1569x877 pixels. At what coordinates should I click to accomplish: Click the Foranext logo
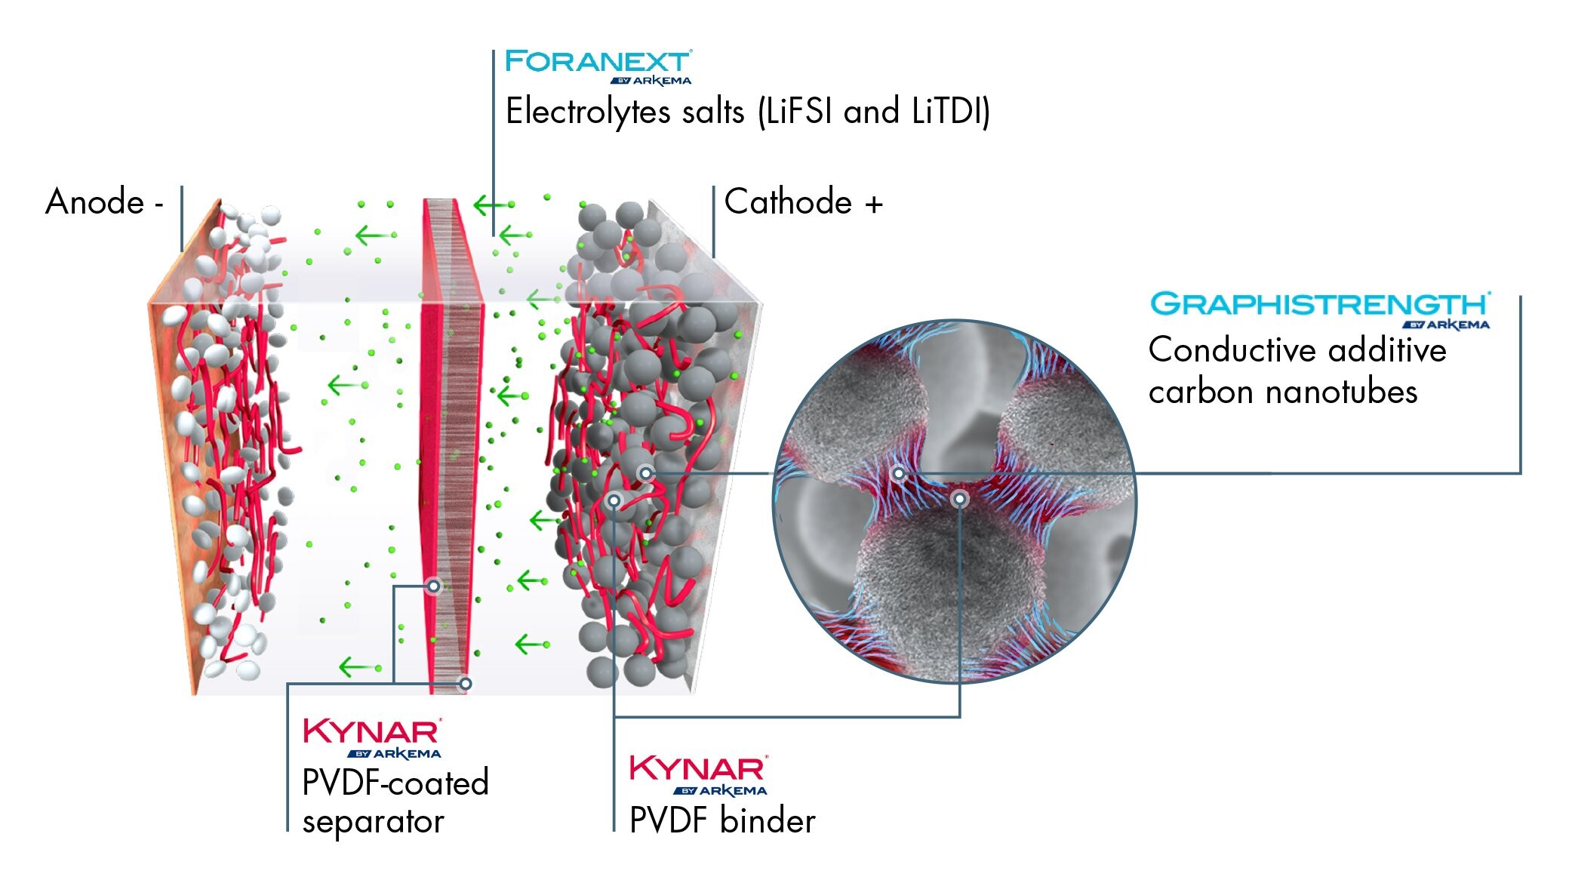(x=597, y=66)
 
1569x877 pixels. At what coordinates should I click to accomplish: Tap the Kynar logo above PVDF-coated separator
(x=371, y=737)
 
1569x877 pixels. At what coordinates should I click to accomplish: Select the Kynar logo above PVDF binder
(x=698, y=774)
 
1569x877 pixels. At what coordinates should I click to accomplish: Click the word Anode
(x=94, y=202)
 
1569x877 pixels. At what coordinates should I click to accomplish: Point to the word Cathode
(x=788, y=202)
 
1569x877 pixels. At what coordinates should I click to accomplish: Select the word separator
(x=373, y=822)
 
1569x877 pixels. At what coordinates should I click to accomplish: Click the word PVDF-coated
(x=395, y=783)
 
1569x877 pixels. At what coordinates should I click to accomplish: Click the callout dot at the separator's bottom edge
(x=466, y=684)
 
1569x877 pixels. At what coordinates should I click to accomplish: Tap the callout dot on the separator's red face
(x=433, y=586)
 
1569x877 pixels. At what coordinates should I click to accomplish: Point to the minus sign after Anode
(x=158, y=205)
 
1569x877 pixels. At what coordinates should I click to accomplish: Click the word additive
(x=1387, y=350)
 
